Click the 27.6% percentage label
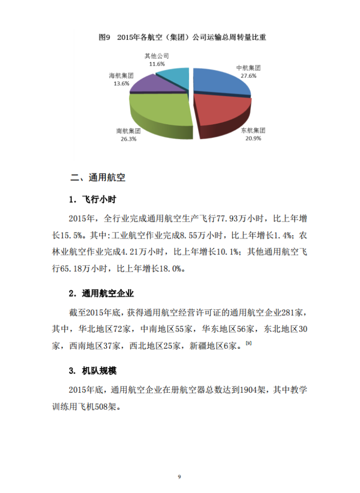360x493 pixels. pos(248,76)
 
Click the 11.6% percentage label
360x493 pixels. pos(156,64)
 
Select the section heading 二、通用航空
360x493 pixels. pos(97,177)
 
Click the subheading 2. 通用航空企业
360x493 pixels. pos(101,293)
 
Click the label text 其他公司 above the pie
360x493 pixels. pos(156,56)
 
